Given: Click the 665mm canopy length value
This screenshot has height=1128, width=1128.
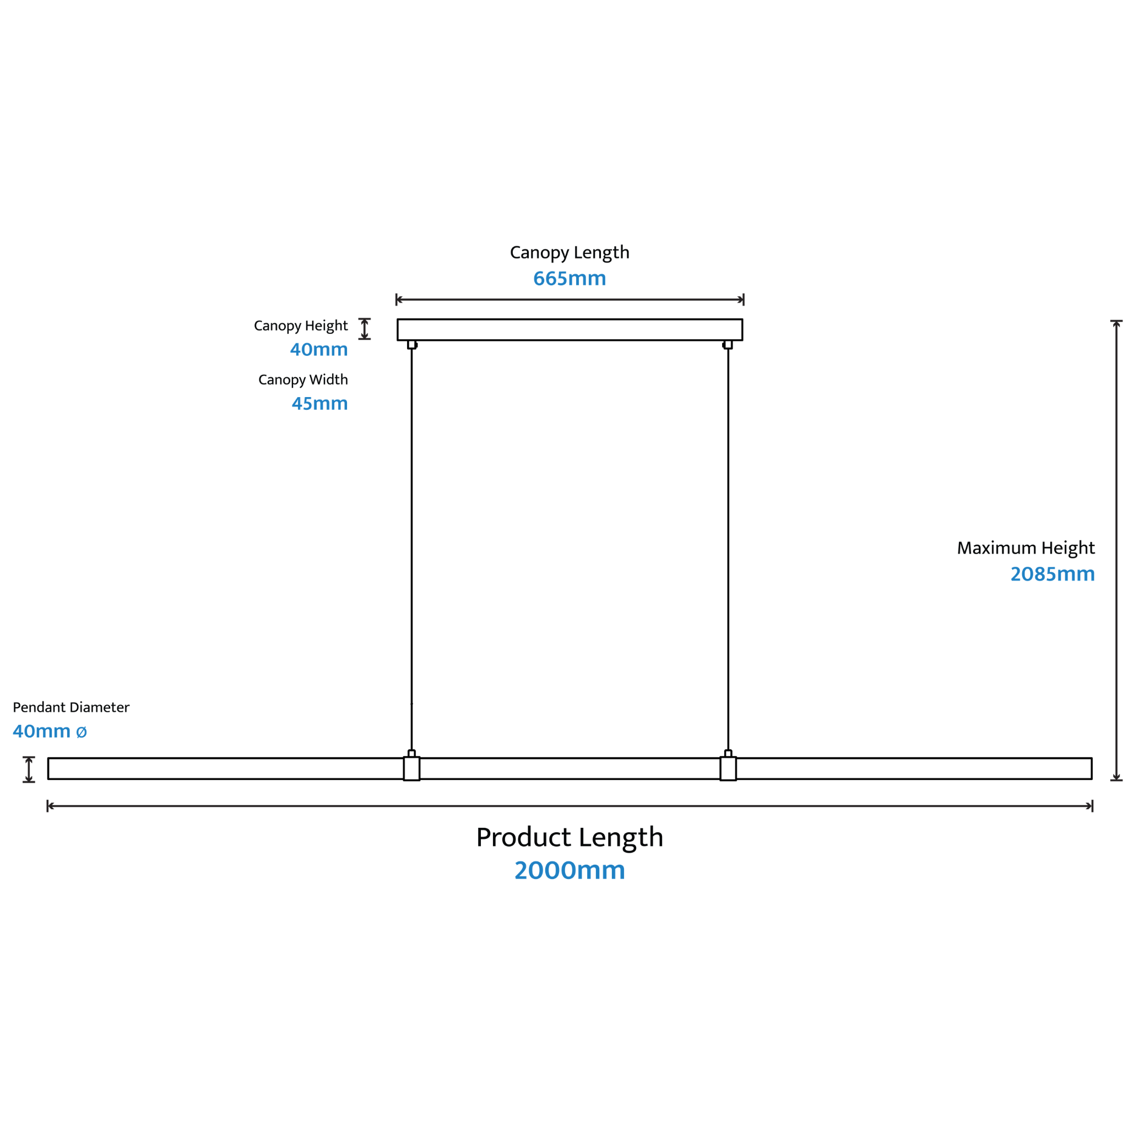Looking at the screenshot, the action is coord(570,279).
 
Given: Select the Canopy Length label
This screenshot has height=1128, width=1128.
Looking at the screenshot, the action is coord(570,253).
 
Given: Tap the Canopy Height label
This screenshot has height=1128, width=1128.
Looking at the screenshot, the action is coord(301,326).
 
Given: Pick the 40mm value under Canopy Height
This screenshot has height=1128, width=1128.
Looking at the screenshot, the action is coord(319,349).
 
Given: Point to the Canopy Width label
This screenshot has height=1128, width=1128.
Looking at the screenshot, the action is coord(303,380).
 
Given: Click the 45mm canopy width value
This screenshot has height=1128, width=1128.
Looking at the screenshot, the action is coord(320,403).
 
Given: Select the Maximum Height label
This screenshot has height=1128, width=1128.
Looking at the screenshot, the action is coord(1026,548).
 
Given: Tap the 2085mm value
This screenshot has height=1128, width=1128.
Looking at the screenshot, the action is coord(1053,574).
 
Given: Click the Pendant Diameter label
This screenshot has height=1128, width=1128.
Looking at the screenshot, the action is coord(71,707).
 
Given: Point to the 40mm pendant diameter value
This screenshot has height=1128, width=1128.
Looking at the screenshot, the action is coord(41,731).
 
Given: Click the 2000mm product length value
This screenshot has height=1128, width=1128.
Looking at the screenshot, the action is coord(570,871).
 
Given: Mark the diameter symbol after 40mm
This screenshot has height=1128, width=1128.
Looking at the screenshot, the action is coord(82,731).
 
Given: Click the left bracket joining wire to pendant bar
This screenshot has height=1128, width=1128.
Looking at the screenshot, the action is coord(411,768).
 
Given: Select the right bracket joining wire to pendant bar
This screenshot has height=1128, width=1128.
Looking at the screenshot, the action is coord(728,768).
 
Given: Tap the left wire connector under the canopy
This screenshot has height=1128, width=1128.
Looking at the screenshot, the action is coord(412,344).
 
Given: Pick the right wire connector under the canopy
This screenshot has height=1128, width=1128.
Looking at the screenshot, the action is coord(728,344).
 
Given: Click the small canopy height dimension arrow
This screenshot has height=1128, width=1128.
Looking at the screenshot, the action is coord(364,329).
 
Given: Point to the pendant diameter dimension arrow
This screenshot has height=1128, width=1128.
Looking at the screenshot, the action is coord(29,769).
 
